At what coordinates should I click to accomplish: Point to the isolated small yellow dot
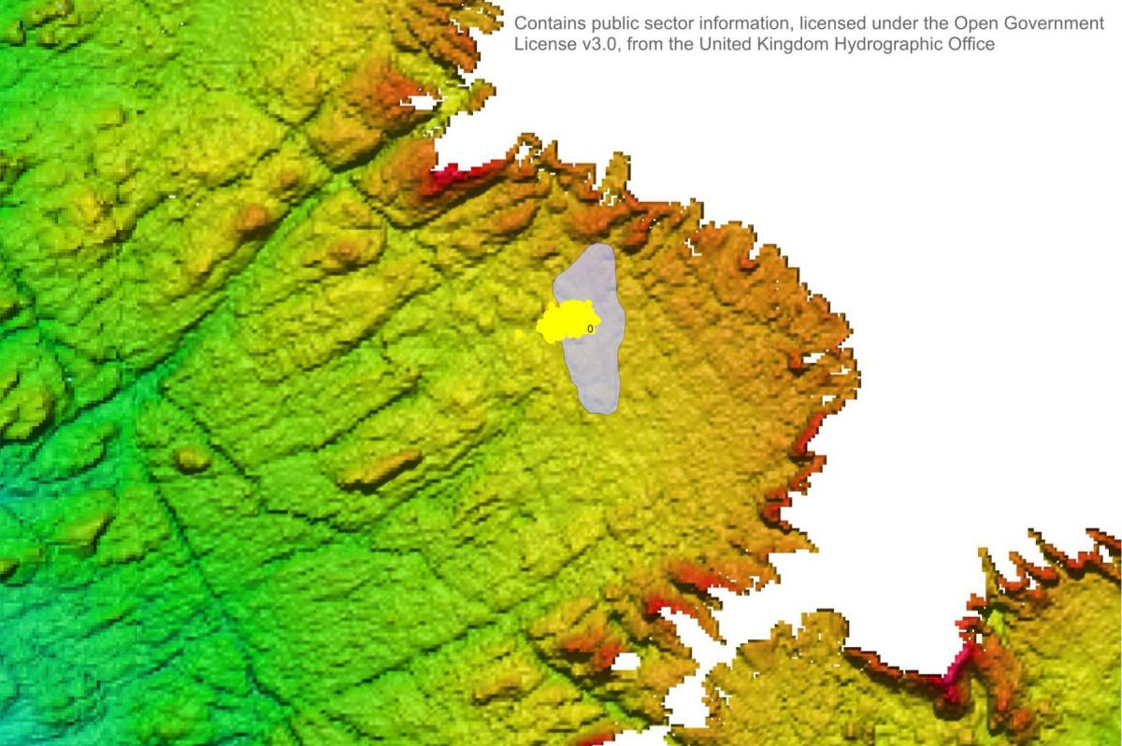coord(519,334)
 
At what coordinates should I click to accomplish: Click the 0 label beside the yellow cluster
coord(590,329)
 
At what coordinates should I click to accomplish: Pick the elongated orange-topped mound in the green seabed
coord(379,470)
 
